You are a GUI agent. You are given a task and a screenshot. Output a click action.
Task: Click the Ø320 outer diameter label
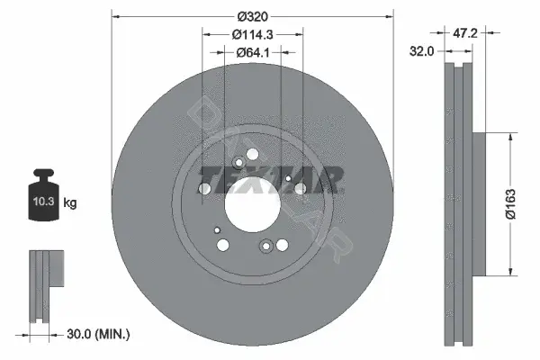coord(252,16)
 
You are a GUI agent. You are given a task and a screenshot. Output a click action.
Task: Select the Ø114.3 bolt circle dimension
coord(252,34)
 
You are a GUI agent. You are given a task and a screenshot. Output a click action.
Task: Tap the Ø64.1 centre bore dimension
coord(253,52)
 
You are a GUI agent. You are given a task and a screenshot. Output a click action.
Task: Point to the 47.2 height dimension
coord(465,33)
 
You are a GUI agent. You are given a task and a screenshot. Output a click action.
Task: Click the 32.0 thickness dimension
coord(421,51)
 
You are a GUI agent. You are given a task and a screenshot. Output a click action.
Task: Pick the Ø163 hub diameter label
coord(510,203)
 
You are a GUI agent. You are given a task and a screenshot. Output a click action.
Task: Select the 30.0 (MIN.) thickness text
coord(98,334)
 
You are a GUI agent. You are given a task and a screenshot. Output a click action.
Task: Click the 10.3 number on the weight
coord(43,202)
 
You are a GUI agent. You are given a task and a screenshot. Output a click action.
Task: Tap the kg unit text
coord(70,202)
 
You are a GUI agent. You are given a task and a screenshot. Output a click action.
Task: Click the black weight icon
coord(43,194)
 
